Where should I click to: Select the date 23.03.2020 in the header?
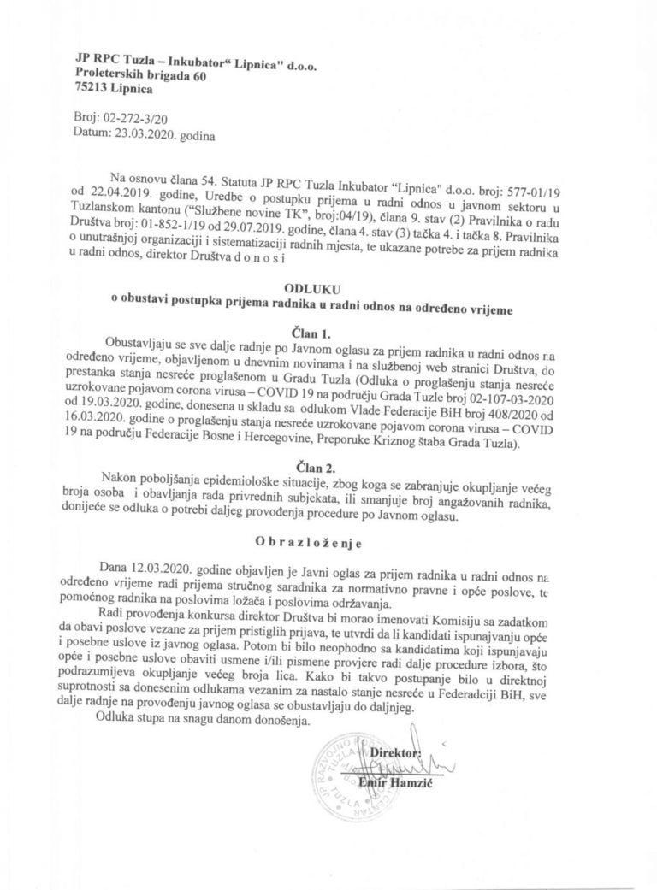139,133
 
